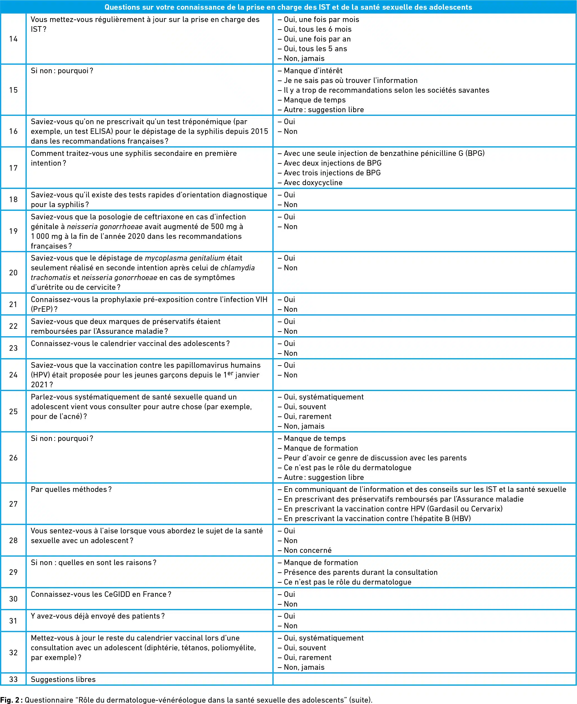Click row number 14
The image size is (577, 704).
[13, 39]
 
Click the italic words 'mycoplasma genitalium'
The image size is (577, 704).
[185, 258]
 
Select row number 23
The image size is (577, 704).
[13, 348]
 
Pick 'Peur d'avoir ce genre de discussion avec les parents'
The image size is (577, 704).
[375, 458]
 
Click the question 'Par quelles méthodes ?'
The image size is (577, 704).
[71, 489]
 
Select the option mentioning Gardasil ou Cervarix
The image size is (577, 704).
[393, 509]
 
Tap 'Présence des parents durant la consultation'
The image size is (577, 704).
[361, 572]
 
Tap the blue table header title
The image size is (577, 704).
[288, 7]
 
